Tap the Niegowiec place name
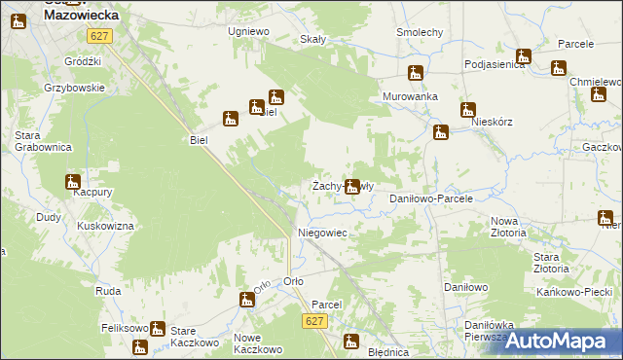point(322,234)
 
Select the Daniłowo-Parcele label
point(430,198)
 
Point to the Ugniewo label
point(248,31)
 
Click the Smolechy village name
point(420,32)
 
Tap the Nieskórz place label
point(491,124)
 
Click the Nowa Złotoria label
point(508,227)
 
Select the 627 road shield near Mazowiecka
point(98,36)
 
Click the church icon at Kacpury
point(73,181)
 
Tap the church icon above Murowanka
point(416,73)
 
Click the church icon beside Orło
point(247,300)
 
